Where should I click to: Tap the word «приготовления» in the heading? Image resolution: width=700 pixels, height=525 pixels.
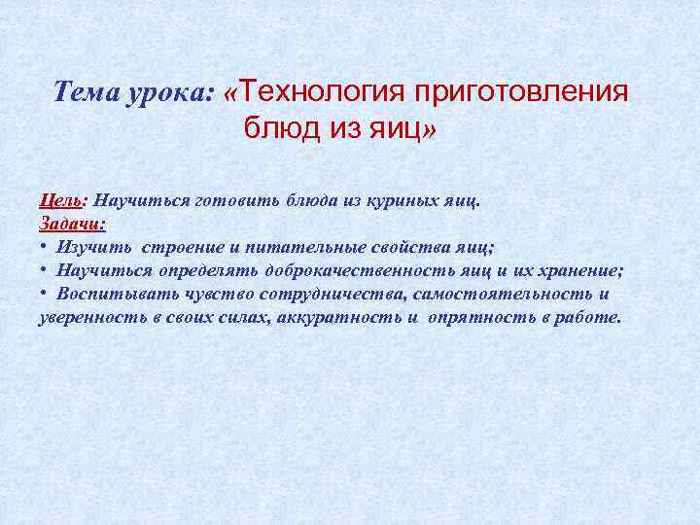point(523,92)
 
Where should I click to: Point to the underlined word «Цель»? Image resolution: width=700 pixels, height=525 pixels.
point(60,200)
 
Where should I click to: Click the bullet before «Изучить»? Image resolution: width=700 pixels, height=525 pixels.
point(44,247)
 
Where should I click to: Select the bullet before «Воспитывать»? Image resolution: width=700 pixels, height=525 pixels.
point(44,294)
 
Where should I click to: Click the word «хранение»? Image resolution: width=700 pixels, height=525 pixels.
point(577,270)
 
